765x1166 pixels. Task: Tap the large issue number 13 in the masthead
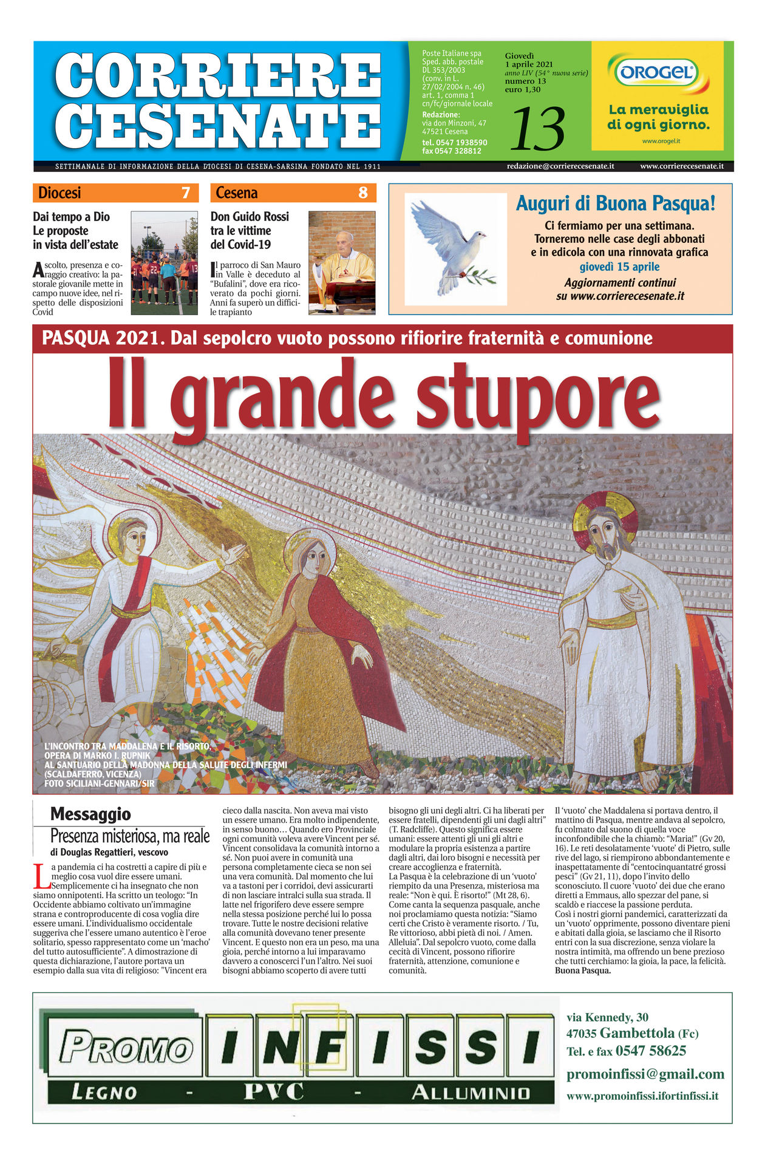pos(537,129)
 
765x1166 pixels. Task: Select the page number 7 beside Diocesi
pos(186,193)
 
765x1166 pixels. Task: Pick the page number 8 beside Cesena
pos(362,193)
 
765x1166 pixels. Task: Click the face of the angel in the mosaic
pos(133,537)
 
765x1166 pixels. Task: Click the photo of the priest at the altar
pos(341,262)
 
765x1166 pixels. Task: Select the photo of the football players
pos(164,262)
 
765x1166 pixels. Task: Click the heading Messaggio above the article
pos(90,814)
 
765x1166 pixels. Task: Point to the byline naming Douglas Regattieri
pos(109,852)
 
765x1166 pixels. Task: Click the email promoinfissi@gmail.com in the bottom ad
pos(645,1074)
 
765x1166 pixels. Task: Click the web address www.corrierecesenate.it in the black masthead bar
pos(681,166)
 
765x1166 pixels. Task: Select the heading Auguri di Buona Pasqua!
pos(615,203)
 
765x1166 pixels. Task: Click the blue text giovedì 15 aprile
pos(619,267)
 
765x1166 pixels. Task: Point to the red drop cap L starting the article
pos(41,875)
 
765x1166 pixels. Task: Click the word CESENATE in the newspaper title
pos(218,126)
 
